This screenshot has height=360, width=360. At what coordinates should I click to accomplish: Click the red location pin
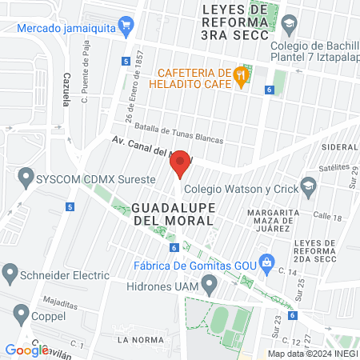click(x=181, y=163)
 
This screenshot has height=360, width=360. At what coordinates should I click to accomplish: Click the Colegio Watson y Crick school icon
click(x=308, y=189)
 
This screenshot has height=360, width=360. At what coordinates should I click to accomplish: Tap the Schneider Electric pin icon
click(x=10, y=274)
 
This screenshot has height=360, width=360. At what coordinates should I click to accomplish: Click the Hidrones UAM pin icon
click(x=210, y=285)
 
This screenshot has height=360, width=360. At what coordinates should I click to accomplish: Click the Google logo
click(x=26, y=350)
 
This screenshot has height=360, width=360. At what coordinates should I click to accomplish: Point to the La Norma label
click(x=134, y=340)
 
